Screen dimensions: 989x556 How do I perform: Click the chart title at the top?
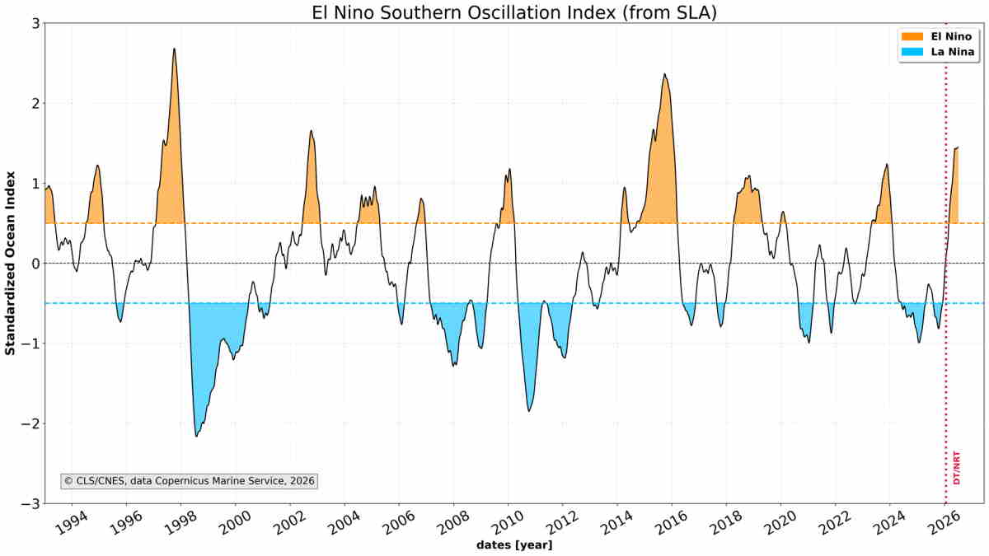click(514, 12)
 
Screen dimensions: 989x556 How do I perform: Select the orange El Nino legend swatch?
click(912, 36)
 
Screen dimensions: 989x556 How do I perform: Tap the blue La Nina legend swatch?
click(912, 52)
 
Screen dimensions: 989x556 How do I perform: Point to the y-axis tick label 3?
click(35, 23)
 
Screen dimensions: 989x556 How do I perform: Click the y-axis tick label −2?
click(30, 423)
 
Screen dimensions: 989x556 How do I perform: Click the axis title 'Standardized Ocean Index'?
click(10, 263)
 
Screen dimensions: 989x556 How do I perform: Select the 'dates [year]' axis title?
click(514, 545)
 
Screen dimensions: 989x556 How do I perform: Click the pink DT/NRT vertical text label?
click(957, 468)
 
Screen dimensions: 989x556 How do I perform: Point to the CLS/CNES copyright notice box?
click(189, 481)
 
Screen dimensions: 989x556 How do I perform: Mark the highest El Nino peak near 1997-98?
click(174, 49)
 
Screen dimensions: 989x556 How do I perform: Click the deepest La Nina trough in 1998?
click(196, 437)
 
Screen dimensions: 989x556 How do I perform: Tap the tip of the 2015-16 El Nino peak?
click(664, 73)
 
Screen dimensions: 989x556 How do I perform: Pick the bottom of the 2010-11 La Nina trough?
click(529, 411)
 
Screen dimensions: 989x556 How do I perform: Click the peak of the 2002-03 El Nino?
click(311, 130)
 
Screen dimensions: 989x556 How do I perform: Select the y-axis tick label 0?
click(35, 264)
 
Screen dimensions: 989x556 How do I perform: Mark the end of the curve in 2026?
click(958, 147)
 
